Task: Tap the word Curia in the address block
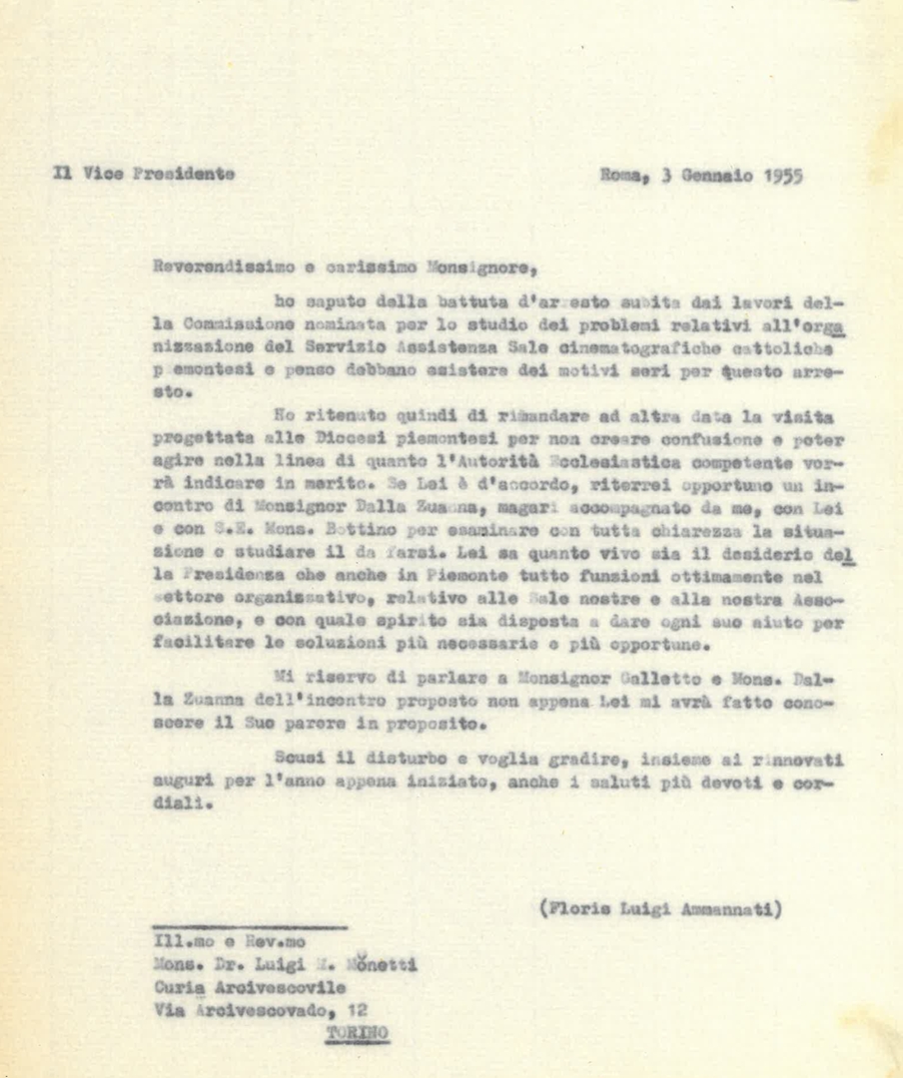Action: coord(180,987)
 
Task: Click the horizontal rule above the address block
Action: coord(250,928)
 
